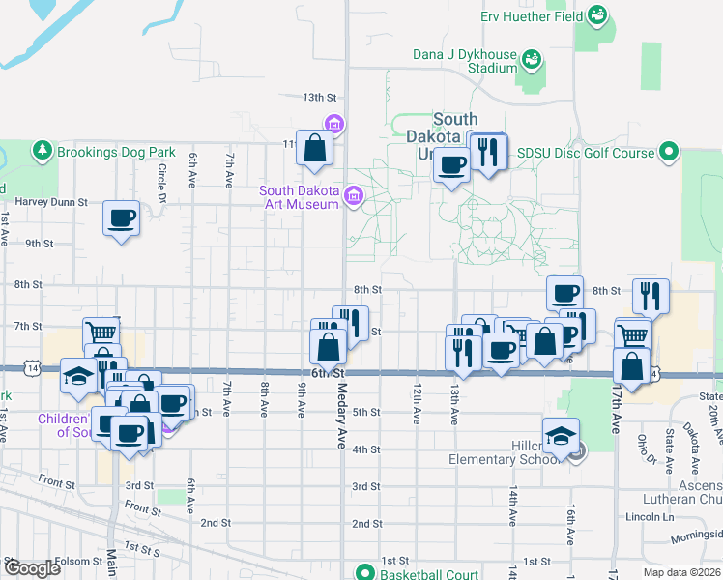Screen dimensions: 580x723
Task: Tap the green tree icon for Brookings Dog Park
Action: (42, 151)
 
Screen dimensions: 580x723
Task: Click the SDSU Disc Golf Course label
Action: (586, 153)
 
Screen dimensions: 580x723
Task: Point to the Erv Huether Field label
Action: (532, 16)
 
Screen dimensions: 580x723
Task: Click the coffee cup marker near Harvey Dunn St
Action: (122, 217)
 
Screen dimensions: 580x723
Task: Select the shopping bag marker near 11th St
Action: (315, 148)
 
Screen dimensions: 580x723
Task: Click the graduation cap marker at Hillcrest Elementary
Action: (560, 437)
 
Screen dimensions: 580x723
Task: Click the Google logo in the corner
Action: (31, 568)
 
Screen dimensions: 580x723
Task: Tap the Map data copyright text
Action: (681, 572)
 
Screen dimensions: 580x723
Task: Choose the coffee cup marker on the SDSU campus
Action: (451, 165)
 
